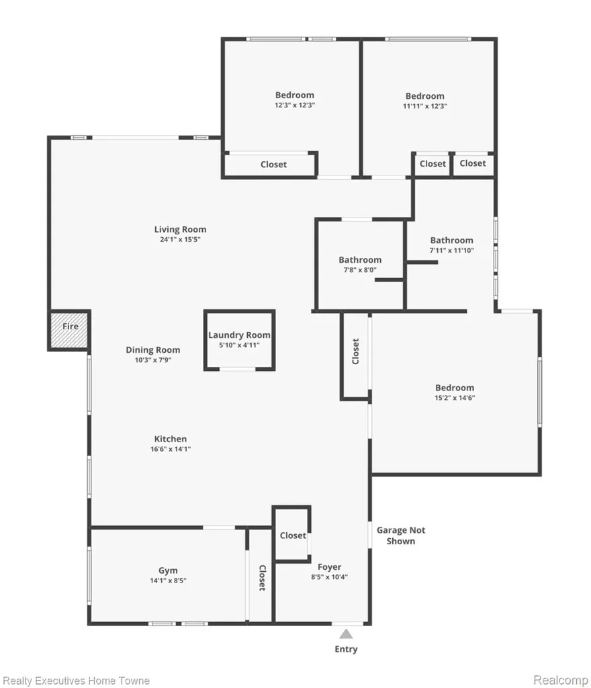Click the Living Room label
click(x=180, y=229)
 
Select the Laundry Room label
click(x=239, y=335)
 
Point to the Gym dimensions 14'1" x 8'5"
click(x=168, y=580)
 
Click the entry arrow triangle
click(x=346, y=634)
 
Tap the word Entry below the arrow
click(x=346, y=649)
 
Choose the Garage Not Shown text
click(x=401, y=535)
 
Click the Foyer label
click(x=329, y=567)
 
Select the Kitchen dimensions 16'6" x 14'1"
click(x=171, y=449)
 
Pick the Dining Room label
click(x=153, y=349)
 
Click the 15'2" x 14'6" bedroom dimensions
click(x=455, y=398)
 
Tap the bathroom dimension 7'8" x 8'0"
click(x=360, y=270)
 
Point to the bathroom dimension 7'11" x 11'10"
click(x=451, y=251)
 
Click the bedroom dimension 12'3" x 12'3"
click(x=295, y=105)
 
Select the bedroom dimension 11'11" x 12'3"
click(x=425, y=106)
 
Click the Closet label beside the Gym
click(x=262, y=578)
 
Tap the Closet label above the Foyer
click(x=293, y=535)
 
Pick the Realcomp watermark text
click(x=560, y=680)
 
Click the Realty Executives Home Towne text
click(x=76, y=681)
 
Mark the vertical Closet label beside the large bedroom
click(x=355, y=351)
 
